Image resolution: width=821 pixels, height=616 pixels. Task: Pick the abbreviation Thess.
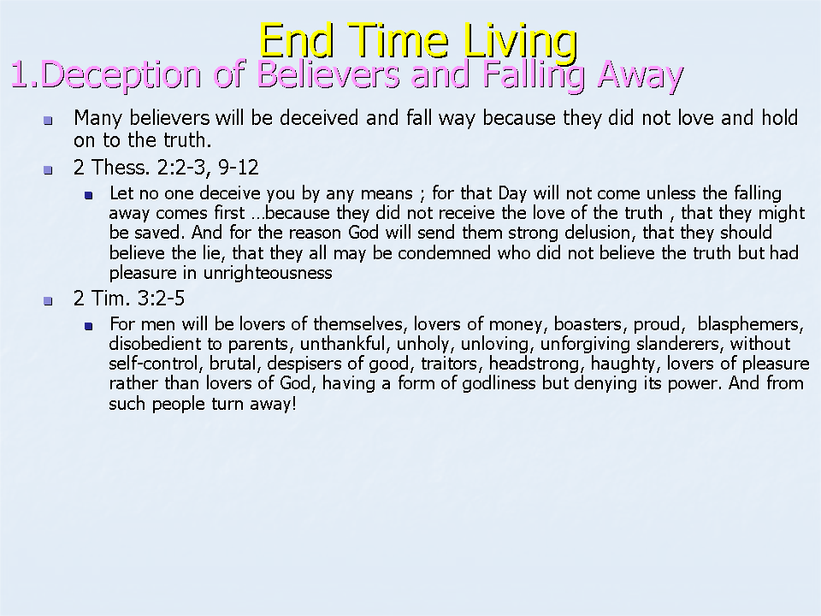121,168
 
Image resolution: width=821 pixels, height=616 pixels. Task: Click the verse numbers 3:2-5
161,299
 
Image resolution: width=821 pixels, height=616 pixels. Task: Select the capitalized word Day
512,194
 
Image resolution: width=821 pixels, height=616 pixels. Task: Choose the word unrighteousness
268,273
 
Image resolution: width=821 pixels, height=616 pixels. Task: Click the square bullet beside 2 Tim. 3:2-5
48,301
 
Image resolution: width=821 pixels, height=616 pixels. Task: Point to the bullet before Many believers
48,121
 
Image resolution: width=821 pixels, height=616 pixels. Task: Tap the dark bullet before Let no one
88,196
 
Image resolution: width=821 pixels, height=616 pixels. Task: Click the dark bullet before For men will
88,326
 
